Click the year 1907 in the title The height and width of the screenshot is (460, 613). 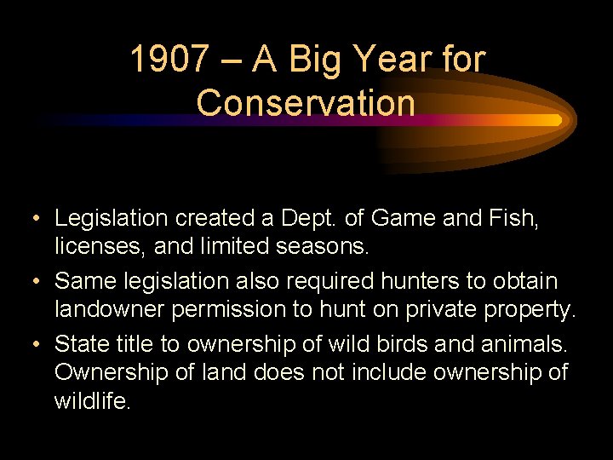tap(169, 60)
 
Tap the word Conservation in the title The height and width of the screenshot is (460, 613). tap(306, 102)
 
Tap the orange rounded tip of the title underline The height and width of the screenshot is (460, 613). tap(555, 120)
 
